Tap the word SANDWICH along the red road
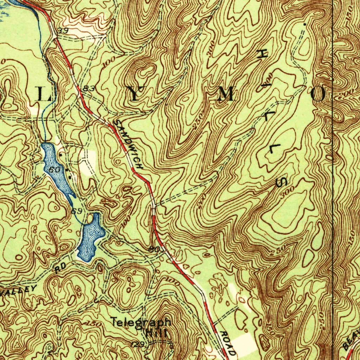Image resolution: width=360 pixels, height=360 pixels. click(129, 144)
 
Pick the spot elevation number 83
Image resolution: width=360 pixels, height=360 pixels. click(90, 89)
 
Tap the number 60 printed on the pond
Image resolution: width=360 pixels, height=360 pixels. click(54, 170)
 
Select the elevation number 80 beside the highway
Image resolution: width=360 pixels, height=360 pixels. click(154, 249)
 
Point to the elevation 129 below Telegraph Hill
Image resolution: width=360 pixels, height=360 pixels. click(139, 344)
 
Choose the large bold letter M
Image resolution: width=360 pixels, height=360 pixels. click(226, 95)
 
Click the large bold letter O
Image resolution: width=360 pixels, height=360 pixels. click(319, 95)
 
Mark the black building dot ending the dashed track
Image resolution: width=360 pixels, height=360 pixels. click(304, 24)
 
